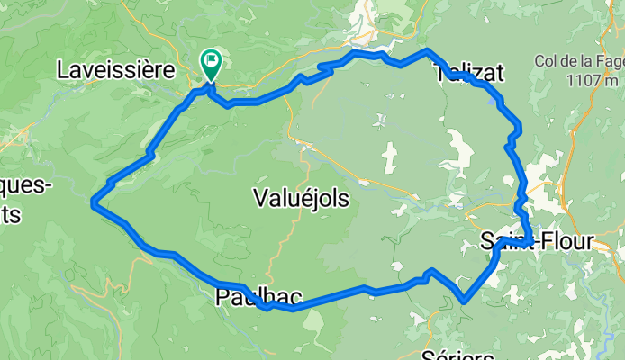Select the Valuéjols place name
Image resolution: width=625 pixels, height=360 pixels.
pyautogui.click(x=302, y=197)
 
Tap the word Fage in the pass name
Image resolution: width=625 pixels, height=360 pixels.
pyautogui.click(x=604, y=61)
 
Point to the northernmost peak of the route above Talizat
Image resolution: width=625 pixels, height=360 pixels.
pyautogui.click(x=427, y=51)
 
